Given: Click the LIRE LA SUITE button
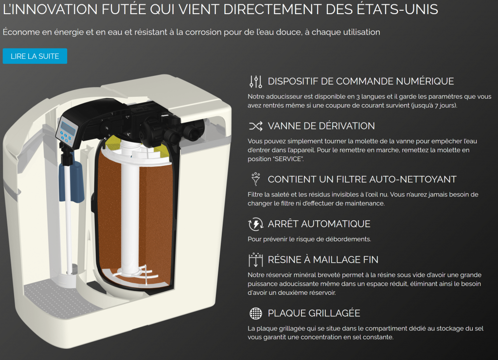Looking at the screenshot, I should point(35,56).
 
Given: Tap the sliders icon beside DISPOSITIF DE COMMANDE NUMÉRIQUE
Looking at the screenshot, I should point(255,81).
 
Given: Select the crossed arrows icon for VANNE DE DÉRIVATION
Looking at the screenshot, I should point(255,126).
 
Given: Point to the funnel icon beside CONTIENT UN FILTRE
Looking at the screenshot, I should point(255,179).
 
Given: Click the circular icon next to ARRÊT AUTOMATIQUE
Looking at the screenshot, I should point(255,224).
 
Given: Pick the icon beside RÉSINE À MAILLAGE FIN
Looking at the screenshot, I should point(255,260).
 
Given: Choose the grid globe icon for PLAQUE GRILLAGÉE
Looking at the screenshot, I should point(255,313).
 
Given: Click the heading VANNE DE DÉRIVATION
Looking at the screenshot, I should point(321,126).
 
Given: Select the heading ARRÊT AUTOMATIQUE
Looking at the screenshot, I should point(319,224).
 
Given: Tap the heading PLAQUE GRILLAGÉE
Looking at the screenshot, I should point(314,313).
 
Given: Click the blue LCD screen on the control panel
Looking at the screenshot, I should point(68,128).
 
